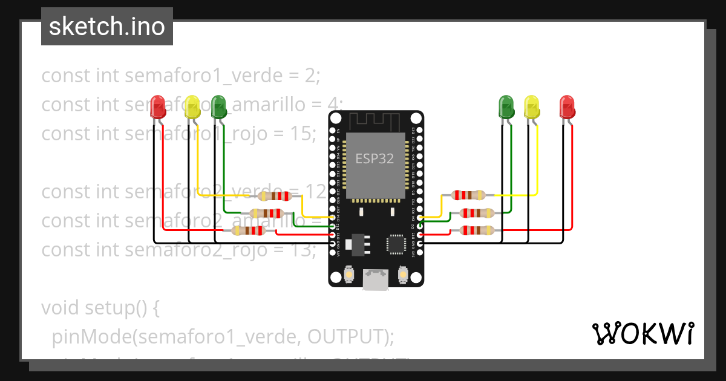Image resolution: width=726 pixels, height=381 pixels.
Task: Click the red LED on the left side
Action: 159,107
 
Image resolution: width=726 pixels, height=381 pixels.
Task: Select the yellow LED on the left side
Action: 192,107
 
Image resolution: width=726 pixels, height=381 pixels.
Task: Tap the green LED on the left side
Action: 218,106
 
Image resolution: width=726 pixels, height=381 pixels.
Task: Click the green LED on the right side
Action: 506,106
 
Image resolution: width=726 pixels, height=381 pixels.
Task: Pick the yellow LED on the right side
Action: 531,107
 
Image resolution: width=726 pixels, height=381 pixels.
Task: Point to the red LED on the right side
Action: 567,107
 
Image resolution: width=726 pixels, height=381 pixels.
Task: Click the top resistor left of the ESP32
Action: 275,196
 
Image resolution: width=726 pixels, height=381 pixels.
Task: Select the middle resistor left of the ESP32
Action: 267,213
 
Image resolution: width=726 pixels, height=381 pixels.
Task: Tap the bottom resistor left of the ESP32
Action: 249,230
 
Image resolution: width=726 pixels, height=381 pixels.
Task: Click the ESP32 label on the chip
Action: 374,159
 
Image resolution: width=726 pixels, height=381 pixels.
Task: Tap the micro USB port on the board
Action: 375,279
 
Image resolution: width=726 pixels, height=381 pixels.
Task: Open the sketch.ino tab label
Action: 107,27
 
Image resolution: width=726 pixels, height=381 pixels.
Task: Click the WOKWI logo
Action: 643,333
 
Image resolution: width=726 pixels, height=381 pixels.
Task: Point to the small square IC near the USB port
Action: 396,244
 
